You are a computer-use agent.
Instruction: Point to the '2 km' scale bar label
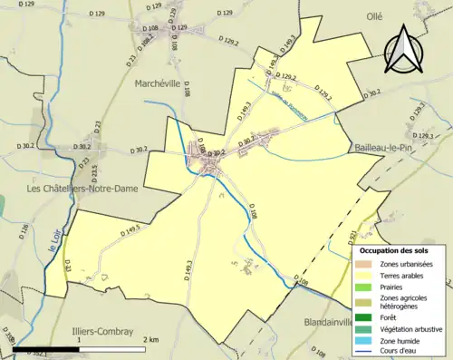pyautogui.click(x=151, y=338)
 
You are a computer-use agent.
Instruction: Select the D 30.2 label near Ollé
pyautogui.click(x=372, y=93)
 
